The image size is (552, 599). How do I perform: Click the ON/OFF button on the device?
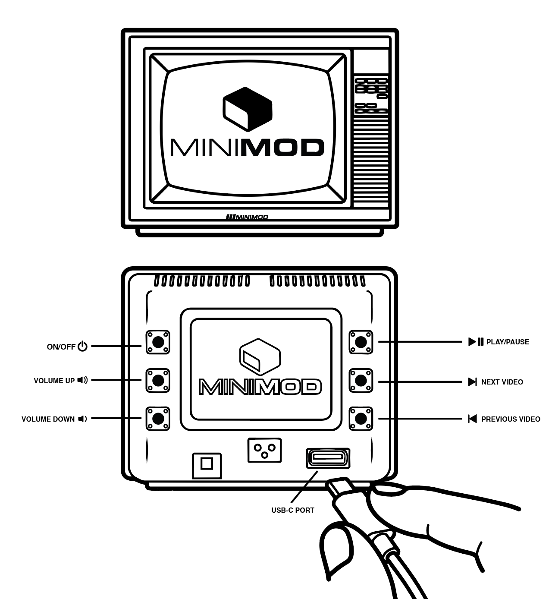(x=158, y=342)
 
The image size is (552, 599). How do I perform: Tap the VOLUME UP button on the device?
(x=158, y=380)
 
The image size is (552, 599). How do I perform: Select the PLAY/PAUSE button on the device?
(x=361, y=342)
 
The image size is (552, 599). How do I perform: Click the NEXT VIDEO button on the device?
(x=361, y=380)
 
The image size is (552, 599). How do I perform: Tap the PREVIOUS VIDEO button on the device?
(x=361, y=418)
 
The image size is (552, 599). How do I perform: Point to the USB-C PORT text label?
(x=293, y=510)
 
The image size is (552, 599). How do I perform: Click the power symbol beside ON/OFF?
(x=83, y=346)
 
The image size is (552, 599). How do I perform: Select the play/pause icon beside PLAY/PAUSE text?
(x=476, y=342)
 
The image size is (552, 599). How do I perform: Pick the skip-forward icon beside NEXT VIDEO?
(x=473, y=382)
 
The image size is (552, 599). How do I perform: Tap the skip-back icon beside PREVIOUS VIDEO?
(x=473, y=419)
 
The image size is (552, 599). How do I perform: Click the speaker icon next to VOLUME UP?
(x=82, y=380)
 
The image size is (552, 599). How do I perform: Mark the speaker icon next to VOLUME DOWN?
(x=82, y=419)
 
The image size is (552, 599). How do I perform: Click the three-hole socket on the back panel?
(x=264, y=451)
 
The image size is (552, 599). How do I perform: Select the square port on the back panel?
(x=207, y=465)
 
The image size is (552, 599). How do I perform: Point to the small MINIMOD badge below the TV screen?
(x=247, y=217)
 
